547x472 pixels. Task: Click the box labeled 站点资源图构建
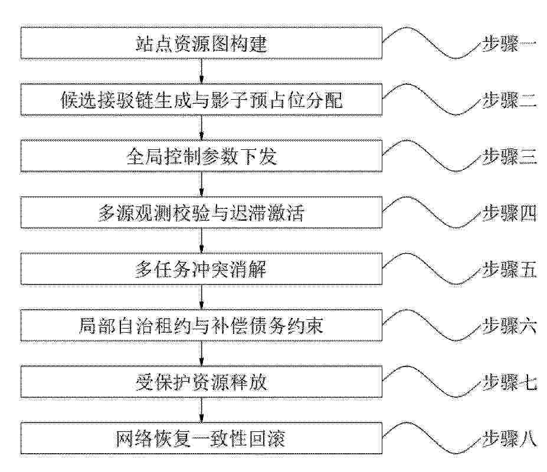tap(201, 43)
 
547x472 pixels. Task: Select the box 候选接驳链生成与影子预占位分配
tap(201, 100)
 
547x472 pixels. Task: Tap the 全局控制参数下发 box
tap(201, 156)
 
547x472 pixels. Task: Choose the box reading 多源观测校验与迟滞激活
tap(201, 212)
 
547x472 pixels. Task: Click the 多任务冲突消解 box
tap(201, 269)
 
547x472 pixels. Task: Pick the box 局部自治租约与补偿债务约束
tap(201, 325)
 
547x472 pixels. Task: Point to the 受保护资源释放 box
tap(201, 382)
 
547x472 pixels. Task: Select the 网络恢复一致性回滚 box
tap(201, 438)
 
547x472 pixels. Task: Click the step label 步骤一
tap(509, 44)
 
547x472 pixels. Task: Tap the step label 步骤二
tap(509, 100)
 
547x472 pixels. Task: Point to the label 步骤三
tap(509, 156)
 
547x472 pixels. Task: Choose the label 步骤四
tap(509, 213)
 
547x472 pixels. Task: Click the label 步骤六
tap(509, 326)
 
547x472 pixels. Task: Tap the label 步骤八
tap(509, 438)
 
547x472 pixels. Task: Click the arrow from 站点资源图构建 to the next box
tap(201, 71)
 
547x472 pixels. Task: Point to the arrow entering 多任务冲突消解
tap(201, 241)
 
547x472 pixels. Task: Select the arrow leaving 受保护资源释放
tap(201, 410)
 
